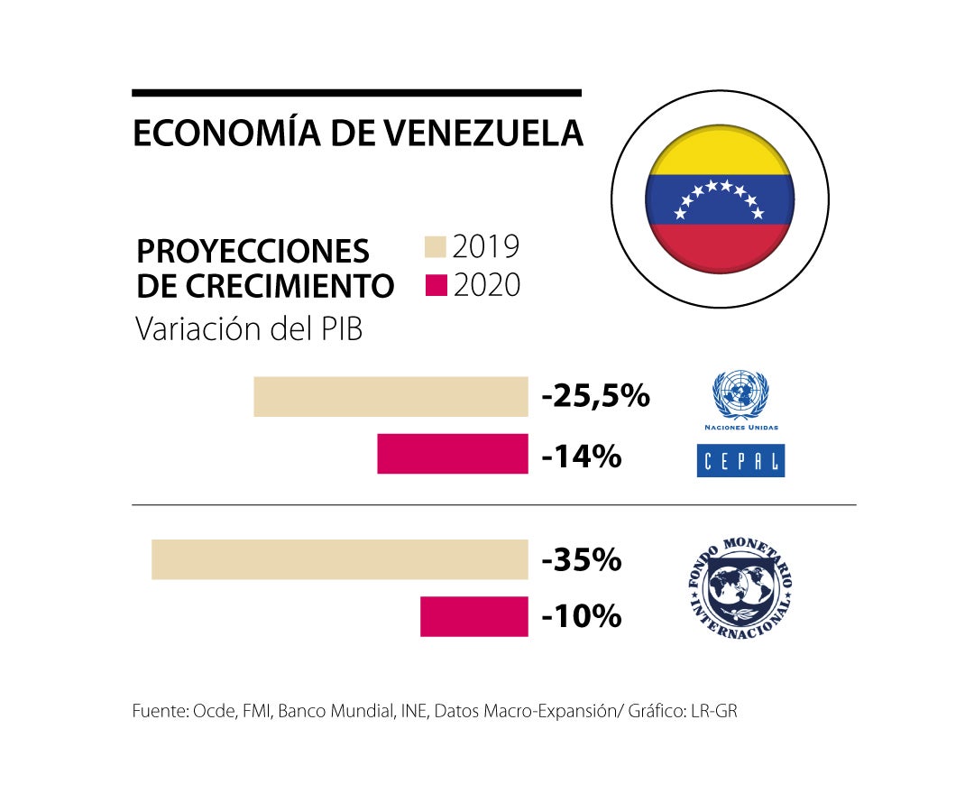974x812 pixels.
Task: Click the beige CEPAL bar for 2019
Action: pyautogui.click(x=391, y=397)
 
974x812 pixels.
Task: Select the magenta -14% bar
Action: pyautogui.click(x=452, y=454)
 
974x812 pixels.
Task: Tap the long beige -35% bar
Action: pyautogui.click(x=339, y=559)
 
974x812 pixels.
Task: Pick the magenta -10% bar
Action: pyautogui.click(x=473, y=616)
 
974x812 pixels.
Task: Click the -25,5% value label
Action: pyautogui.click(x=595, y=396)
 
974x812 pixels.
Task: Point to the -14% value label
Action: pyautogui.click(x=582, y=457)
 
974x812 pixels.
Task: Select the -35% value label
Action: pyautogui.click(x=582, y=560)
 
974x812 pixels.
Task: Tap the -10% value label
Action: pyautogui.click(x=582, y=617)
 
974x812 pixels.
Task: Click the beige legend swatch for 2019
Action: pyautogui.click(x=436, y=247)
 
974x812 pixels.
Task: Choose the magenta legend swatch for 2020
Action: pyautogui.click(x=436, y=286)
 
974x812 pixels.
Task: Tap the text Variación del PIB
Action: pyautogui.click(x=249, y=329)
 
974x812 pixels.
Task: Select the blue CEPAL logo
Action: pyautogui.click(x=740, y=460)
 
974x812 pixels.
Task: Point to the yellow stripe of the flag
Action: pyautogui.click(x=719, y=155)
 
